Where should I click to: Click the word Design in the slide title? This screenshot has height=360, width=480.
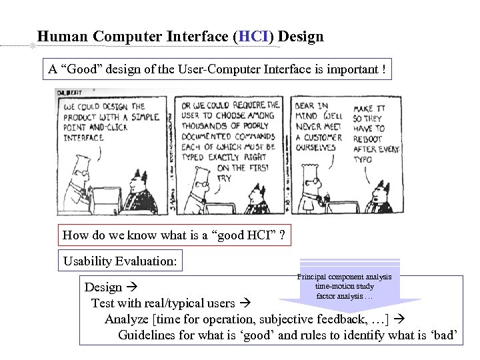(x=301, y=36)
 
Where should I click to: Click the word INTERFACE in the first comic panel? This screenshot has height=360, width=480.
(x=83, y=138)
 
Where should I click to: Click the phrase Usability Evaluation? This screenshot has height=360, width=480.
(x=120, y=261)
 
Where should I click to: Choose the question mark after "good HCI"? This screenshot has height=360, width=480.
(x=282, y=235)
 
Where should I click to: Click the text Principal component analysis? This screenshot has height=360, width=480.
(x=344, y=276)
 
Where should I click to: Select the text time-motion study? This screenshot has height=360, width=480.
(x=344, y=286)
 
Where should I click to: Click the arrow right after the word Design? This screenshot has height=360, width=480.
(x=131, y=287)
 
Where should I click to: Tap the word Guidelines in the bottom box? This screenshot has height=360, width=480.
(x=147, y=335)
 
